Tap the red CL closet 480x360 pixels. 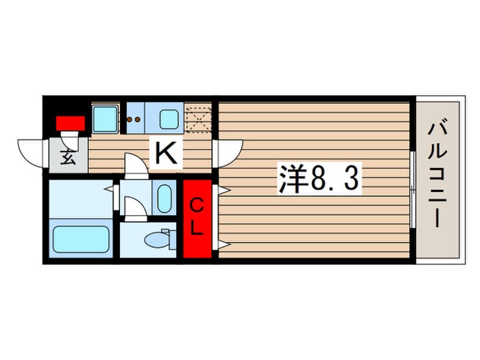coord(197,218)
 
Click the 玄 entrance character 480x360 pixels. coord(69,158)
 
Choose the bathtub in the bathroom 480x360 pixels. coord(81,239)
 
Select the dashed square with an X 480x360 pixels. coord(198,118)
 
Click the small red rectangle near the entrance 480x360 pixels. coord(70,123)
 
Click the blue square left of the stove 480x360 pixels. coord(105,119)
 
